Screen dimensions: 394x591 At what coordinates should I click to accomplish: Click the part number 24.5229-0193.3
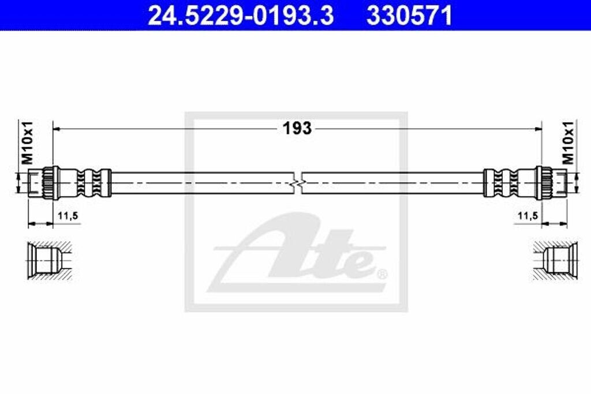coord(240,16)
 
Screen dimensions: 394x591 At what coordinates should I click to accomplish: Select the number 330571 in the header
coord(409,16)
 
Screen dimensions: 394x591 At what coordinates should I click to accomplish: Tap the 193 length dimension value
coord(297,128)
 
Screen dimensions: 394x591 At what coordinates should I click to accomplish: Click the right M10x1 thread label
coord(568,142)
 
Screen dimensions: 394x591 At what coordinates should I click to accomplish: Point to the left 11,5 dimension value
coord(68,216)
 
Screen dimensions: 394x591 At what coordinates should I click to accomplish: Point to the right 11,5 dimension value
coord(528,216)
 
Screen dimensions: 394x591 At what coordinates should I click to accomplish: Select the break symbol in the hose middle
coord(297,182)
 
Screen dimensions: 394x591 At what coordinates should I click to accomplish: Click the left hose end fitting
coord(43,182)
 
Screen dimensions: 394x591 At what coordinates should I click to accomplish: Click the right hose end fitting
coord(551,182)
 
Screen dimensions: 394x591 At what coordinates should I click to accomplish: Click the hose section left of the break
coord(202,182)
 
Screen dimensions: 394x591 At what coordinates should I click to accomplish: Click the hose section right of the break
coord(392,182)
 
